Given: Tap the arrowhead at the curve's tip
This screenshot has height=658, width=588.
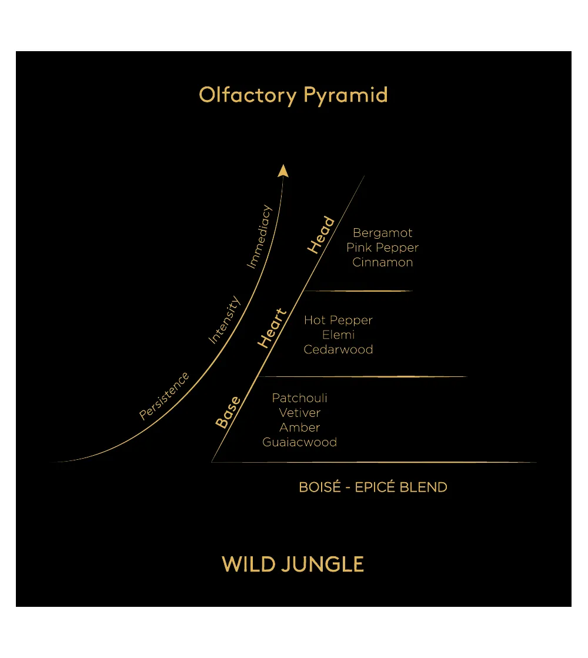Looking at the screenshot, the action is click(x=283, y=171).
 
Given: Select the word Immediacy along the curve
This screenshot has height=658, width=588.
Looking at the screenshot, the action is click(x=259, y=236).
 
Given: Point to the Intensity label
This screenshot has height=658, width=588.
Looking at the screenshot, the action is click(x=225, y=320).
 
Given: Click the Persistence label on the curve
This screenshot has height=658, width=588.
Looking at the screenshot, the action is click(x=164, y=395).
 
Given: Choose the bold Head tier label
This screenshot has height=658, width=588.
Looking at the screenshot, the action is click(x=321, y=235).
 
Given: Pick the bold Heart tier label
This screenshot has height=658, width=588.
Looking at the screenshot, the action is click(x=272, y=328).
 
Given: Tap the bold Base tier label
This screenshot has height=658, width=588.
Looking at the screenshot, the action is click(x=228, y=412).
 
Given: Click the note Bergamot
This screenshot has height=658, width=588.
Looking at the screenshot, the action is click(x=382, y=233).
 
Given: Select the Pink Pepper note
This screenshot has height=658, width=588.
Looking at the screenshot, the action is click(x=382, y=248).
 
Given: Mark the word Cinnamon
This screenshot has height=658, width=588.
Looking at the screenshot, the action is click(x=382, y=262).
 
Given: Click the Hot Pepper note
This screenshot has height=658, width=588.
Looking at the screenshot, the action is click(x=338, y=320).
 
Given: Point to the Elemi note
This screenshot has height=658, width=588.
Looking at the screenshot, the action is click(x=338, y=335).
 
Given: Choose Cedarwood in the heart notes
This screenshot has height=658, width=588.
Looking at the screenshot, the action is click(x=338, y=349).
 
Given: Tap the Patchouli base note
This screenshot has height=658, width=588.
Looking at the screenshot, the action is click(x=300, y=398).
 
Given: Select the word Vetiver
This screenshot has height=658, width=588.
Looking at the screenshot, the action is click(x=300, y=413).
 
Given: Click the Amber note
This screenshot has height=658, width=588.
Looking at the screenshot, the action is click(x=300, y=427).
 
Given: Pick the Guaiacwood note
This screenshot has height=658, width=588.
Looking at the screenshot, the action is click(x=300, y=442).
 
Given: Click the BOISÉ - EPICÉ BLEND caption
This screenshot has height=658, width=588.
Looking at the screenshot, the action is click(x=373, y=487).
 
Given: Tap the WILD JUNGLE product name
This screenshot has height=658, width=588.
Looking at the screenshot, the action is click(x=293, y=564).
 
